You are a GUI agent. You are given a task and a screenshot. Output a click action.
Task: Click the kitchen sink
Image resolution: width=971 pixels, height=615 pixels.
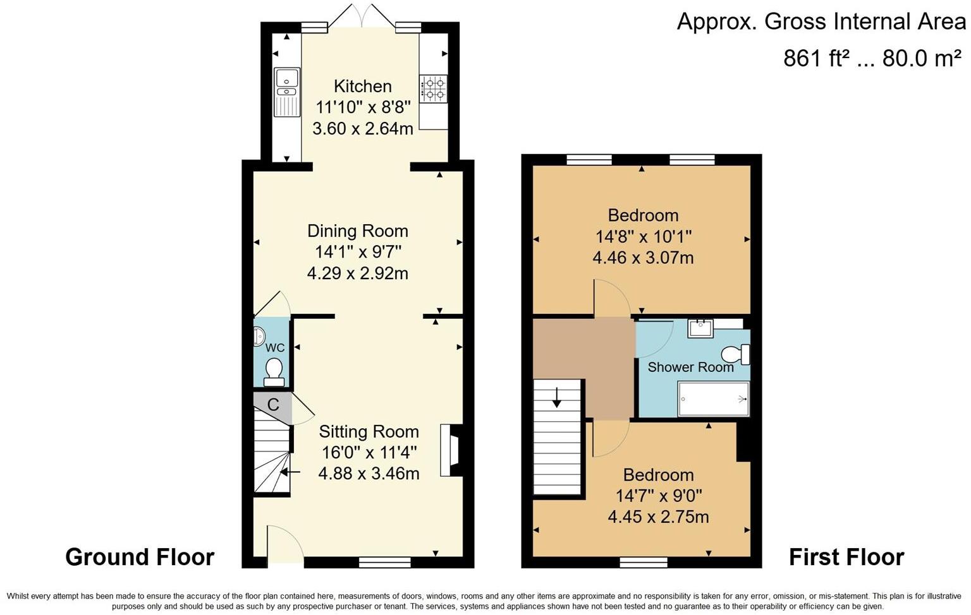point(287,92)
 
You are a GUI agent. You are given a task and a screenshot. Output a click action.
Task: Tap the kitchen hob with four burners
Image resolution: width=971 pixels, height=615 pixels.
point(433,88)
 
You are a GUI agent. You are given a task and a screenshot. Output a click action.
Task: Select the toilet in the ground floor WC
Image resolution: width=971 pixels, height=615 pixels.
point(274,371)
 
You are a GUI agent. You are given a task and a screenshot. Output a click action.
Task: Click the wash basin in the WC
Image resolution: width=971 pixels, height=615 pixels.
point(259,337)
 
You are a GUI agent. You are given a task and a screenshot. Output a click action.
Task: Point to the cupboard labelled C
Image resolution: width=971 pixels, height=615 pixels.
point(273,405)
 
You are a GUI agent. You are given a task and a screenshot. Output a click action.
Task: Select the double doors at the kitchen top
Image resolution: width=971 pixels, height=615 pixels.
point(362,18)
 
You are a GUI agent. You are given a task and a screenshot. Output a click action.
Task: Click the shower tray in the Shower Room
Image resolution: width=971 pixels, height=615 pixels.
point(713,399)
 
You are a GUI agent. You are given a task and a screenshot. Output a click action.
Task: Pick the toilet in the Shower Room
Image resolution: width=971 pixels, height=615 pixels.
point(736,354)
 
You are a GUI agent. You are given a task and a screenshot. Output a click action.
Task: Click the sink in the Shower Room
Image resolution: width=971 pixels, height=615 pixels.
point(700,328)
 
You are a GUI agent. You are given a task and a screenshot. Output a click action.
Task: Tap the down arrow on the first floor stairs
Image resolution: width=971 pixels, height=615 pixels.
point(556,397)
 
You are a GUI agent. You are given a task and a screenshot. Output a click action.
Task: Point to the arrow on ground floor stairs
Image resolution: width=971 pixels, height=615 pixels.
point(290,472)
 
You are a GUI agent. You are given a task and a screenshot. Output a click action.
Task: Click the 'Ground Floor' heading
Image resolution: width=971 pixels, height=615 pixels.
point(140,557)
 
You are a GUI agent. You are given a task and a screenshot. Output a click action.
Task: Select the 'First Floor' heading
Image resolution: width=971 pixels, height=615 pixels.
point(846,557)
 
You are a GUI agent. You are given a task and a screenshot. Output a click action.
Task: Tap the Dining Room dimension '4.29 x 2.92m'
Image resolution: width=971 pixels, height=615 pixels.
point(358,273)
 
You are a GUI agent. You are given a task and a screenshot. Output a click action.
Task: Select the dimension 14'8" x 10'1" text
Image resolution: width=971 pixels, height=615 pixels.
point(643,237)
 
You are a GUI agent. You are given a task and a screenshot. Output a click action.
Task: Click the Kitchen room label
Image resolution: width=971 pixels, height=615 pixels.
point(362,86)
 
